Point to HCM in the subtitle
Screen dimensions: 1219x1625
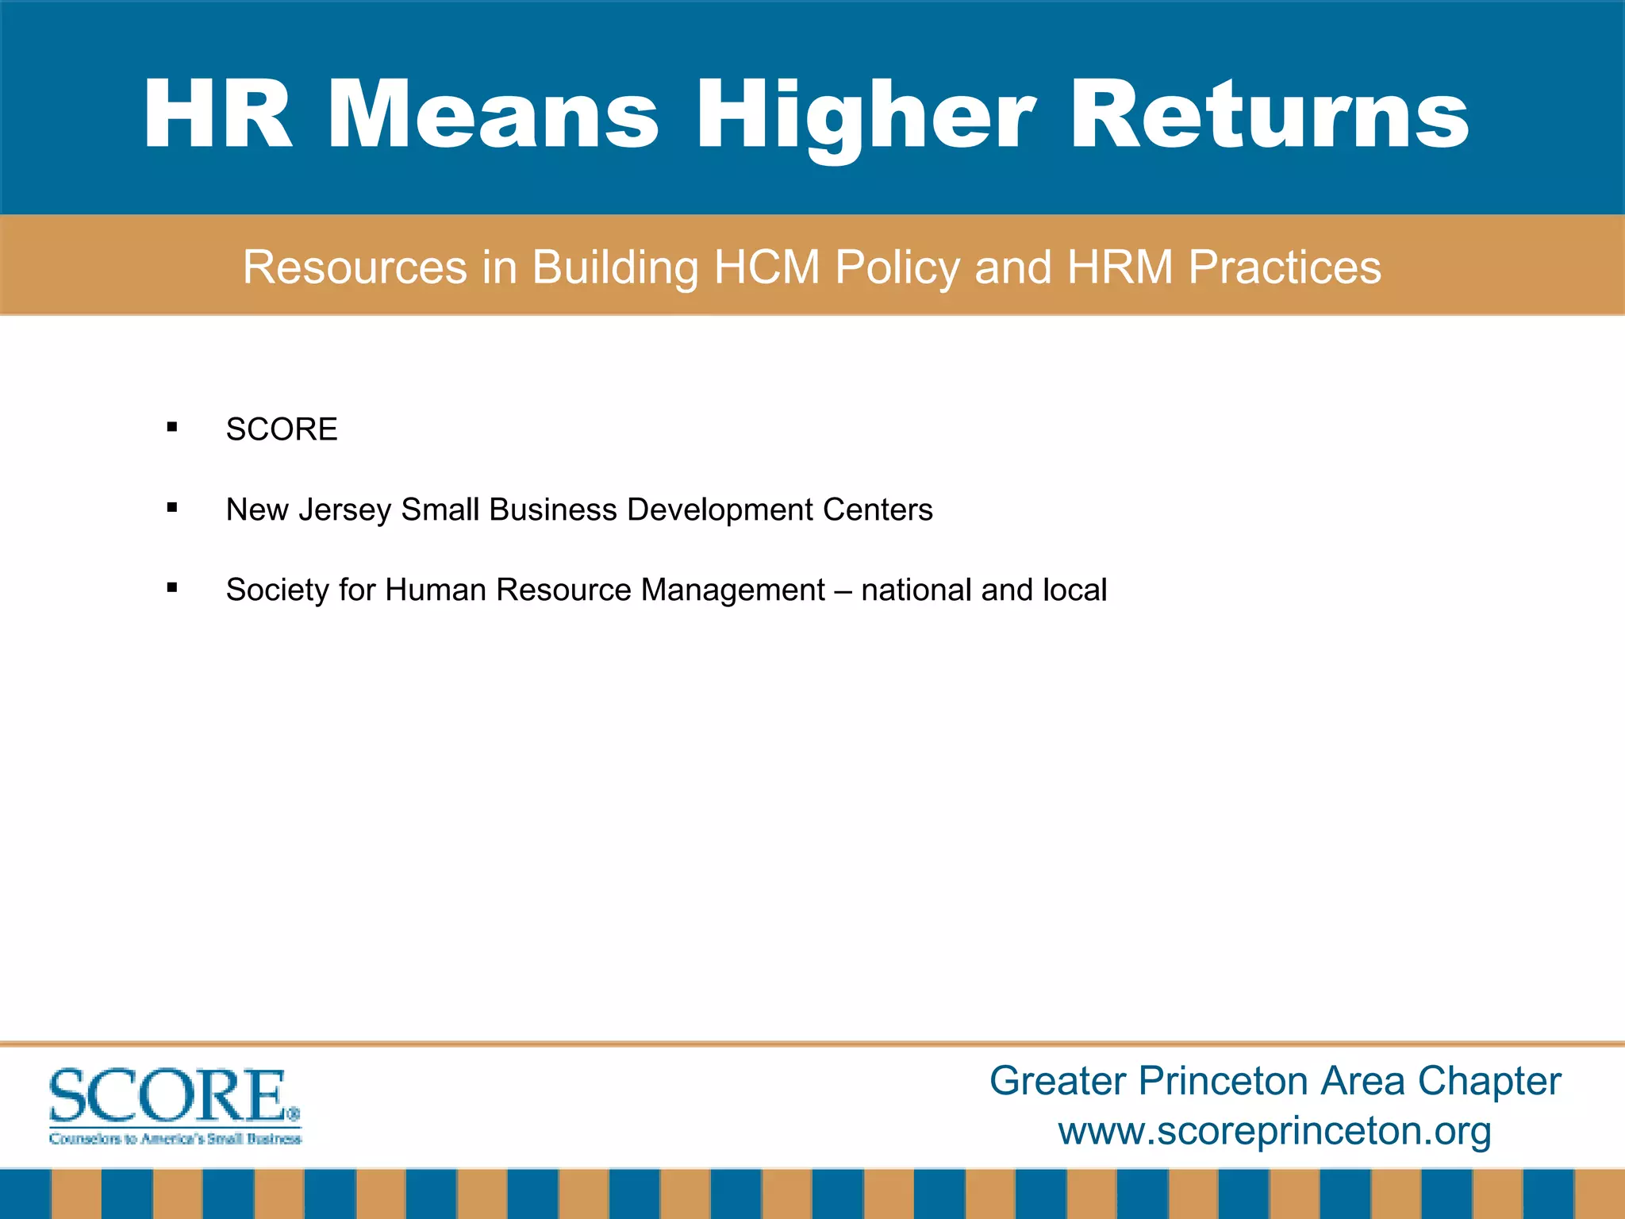[766, 267]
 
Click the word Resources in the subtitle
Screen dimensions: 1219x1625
[355, 267]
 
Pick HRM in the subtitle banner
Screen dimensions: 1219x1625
[1120, 267]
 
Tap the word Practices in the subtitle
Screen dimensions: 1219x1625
[1285, 267]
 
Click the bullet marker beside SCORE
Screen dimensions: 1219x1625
[172, 428]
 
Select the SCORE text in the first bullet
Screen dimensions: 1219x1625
[282, 429]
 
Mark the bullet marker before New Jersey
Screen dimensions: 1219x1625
[172, 508]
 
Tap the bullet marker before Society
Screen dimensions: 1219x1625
[172, 588]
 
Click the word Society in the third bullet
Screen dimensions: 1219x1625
[277, 590]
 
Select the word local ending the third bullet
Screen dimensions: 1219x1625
[1074, 590]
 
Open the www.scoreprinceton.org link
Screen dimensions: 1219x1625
[1274, 1130]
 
